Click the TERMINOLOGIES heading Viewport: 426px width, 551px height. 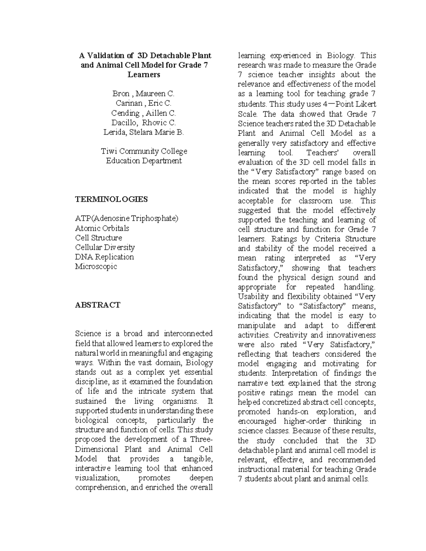(x=111, y=199)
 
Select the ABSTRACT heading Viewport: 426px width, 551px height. (x=98, y=305)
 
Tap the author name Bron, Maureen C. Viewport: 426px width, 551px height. (x=143, y=94)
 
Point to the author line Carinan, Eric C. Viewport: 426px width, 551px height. (x=143, y=103)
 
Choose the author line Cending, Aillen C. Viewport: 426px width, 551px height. (x=143, y=113)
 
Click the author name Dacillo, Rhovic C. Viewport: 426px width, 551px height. (x=143, y=123)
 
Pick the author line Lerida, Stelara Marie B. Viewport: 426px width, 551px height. (x=143, y=132)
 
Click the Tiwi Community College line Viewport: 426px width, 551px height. (x=144, y=151)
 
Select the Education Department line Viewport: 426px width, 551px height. (x=144, y=161)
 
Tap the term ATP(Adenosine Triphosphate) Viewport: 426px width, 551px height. (x=126, y=218)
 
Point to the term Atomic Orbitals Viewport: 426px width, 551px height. (x=102, y=228)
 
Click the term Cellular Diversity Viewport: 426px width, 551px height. (x=105, y=247)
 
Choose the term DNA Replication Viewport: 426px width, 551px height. (x=104, y=257)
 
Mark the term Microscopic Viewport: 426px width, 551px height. (x=96, y=266)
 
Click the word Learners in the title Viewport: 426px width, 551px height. (x=143, y=75)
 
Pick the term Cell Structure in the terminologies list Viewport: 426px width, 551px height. (x=98, y=238)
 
